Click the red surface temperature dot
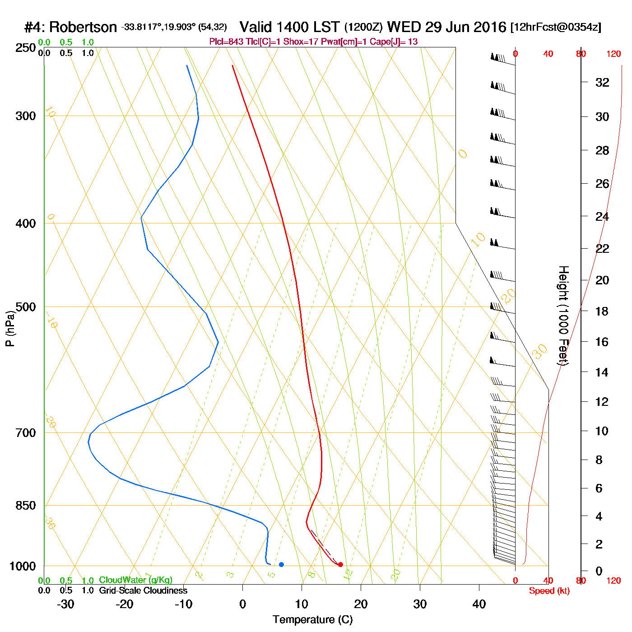click(x=340, y=564)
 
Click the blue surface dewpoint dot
click(x=281, y=564)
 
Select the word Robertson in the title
click(x=83, y=28)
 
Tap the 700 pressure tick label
click(x=25, y=433)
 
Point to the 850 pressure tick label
click(x=25, y=506)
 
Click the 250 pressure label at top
click(x=25, y=48)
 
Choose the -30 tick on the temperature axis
click(x=65, y=604)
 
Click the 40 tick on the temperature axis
click(x=479, y=604)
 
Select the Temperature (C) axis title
click(x=312, y=620)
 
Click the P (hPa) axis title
click(x=10, y=328)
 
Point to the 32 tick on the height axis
click(x=602, y=82)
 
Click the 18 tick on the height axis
click(x=601, y=311)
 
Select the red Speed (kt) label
click(x=549, y=591)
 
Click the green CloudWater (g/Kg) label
click(x=135, y=580)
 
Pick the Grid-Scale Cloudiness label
click(x=143, y=590)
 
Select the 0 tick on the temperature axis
click(x=242, y=604)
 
